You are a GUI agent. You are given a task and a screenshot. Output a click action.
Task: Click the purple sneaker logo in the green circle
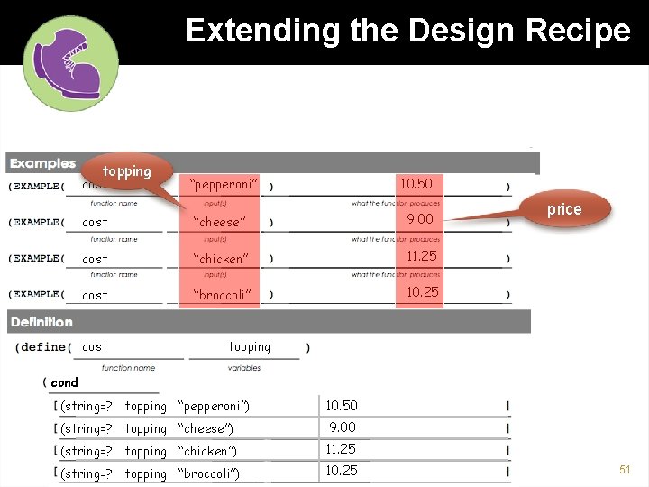(x=71, y=62)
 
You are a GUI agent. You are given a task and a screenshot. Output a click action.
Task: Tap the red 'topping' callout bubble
(x=126, y=171)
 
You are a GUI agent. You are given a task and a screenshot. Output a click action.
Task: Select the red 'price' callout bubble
(x=564, y=209)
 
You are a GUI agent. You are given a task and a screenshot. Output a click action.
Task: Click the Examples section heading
(x=42, y=163)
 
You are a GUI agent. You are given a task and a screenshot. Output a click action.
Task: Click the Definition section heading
(x=41, y=321)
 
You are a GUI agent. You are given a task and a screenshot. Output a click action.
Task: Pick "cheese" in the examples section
(x=219, y=222)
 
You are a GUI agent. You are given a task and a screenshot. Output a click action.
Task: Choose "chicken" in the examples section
(x=221, y=259)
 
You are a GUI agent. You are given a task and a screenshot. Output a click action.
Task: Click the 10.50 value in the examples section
(x=416, y=184)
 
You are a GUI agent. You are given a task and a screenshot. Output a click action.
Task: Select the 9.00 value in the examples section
(x=420, y=219)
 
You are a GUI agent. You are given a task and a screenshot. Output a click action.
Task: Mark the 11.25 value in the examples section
(x=422, y=256)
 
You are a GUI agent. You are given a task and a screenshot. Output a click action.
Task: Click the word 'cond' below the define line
(x=65, y=382)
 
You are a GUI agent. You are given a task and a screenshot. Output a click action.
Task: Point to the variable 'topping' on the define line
(x=250, y=346)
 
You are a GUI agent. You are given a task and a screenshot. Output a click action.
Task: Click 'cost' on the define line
(x=95, y=346)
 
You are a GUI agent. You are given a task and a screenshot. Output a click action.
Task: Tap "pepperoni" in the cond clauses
(x=214, y=407)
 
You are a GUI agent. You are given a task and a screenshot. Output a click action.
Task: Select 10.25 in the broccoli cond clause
(x=342, y=470)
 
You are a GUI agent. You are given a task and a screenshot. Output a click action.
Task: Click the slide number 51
(x=623, y=470)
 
